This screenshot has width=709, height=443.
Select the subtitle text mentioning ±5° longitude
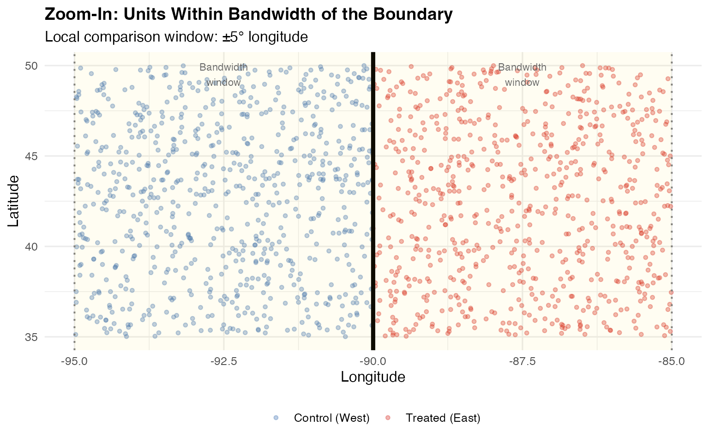coord(176,36)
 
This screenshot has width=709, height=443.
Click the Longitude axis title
coord(373,377)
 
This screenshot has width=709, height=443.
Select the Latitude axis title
coord(14,201)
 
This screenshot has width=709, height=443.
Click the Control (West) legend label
coord(331,418)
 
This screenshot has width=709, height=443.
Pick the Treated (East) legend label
coord(443,418)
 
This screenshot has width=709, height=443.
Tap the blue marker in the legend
coord(276,418)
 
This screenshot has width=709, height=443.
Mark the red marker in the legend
coord(388,418)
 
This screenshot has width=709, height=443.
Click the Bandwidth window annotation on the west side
coord(223,75)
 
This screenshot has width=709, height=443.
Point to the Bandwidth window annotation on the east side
coord(522,75)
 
